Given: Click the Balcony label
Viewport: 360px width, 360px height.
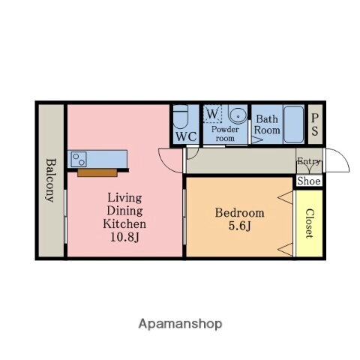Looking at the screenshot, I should (50, 180).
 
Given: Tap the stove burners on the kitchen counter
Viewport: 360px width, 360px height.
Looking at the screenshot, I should (79, 159).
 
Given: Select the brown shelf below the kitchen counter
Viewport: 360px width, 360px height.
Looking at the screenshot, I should (97, 172).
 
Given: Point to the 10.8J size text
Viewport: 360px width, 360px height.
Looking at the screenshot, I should (124, 238).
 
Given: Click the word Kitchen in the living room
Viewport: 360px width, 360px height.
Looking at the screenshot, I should (124, 224).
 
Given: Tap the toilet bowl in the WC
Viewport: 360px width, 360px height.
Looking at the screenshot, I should (180, 119).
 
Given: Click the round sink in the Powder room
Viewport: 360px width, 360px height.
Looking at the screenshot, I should (237, 115).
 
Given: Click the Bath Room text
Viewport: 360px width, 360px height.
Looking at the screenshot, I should (268, 124).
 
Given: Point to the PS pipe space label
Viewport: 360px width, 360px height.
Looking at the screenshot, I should (316, 123).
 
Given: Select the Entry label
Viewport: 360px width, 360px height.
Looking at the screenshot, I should (309, 161).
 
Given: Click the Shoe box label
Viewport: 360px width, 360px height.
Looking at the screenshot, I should (309, 181).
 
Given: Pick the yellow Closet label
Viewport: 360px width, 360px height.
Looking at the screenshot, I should (309, 223).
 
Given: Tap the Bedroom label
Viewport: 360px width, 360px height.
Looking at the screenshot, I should (239, 213).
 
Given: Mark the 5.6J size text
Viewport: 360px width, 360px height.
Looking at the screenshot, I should (239, 226).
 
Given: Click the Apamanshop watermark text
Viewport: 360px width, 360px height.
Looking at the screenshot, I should (180, 324).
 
